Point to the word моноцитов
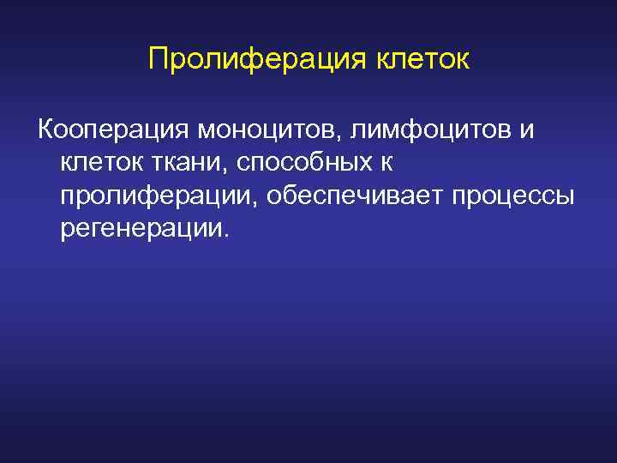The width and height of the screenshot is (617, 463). [269, 129]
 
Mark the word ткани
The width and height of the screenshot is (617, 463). [186, 162]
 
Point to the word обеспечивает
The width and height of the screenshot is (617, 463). [348, 195]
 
